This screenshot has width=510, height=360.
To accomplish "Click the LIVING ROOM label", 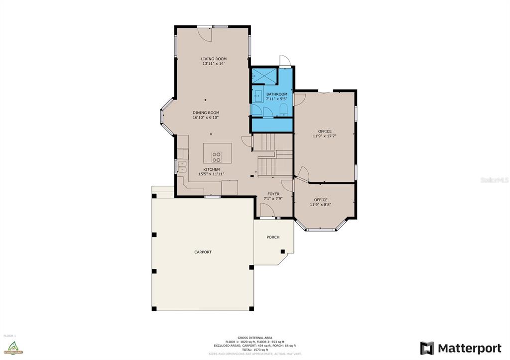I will click(214, 59).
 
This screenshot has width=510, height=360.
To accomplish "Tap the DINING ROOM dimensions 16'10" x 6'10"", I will click(206, 118).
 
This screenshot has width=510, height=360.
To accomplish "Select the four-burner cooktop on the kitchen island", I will click(217, 157).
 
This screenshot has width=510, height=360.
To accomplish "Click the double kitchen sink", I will click(182, 166).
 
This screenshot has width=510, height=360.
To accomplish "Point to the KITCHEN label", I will click(211, 169).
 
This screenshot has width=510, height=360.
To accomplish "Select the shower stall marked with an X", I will click(263, 76).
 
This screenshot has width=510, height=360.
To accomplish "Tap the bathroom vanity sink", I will click(258, 95).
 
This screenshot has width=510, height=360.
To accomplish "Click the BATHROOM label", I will click(276, 94).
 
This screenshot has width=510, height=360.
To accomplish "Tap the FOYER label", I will click(273, 194).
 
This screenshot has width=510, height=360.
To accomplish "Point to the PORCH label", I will click(273, 237).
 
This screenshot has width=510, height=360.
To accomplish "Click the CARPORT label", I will click(203, 252).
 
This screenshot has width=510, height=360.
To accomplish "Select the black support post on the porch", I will click(282, 251).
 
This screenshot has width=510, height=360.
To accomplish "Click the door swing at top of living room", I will click(205, 33).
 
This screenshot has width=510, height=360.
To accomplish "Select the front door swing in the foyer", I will click(268, 213).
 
